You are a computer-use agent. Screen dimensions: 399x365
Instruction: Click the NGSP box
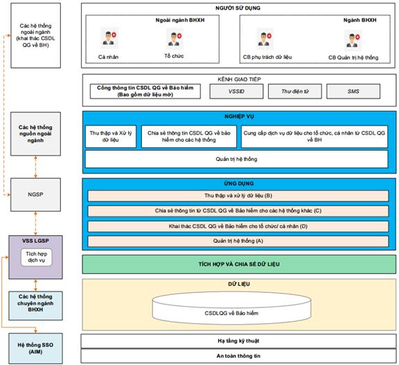35,194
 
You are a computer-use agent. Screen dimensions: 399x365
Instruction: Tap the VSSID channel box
236,92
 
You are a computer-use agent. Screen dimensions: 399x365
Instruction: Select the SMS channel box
353,92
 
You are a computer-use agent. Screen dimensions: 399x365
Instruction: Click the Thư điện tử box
295,92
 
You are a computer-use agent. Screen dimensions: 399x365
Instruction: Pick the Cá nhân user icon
109,38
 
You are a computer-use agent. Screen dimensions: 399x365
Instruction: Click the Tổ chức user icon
175,38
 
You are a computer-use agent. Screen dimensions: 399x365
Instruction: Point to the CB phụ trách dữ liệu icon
265,39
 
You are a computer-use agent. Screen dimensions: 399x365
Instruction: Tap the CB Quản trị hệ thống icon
353,40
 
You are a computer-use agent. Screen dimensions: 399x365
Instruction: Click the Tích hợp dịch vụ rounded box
37,257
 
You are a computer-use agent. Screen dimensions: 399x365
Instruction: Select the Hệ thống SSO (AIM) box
35,348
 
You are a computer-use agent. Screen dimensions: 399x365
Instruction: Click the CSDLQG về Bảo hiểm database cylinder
231,308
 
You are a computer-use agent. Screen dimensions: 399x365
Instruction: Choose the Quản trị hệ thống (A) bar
238,241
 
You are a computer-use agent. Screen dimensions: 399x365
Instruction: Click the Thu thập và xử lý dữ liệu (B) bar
238,196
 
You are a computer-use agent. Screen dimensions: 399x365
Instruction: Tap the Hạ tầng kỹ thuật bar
238,341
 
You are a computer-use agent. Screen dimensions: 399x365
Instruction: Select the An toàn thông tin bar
238,356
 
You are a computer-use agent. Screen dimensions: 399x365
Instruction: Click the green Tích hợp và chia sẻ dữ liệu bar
239,264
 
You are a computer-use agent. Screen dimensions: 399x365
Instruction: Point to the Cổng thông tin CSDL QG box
145,92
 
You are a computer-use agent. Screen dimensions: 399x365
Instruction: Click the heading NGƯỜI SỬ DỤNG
238,8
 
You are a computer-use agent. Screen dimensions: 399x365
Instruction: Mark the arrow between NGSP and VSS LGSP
35,223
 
